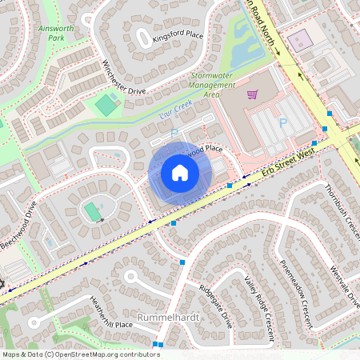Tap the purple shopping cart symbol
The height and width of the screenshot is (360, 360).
(252, 94)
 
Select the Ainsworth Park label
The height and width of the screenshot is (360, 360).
(56, 31)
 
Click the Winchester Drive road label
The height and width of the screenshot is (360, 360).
(124, 78)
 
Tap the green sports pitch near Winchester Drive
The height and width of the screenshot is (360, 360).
(106, 104)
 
